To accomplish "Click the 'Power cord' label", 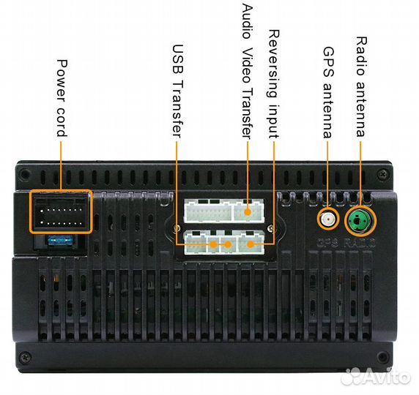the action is [x=62, y=98].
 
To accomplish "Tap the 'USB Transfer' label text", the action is [x=177, y=91].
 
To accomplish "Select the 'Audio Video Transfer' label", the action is [x=247, y=71].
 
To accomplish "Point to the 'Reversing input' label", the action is [x=274, y=84].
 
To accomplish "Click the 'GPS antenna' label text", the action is [x=328, y=93].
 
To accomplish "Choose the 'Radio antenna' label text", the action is [x=361, y=87].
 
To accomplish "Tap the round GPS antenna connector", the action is [x=328, y=219].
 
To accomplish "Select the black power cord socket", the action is [x=61, y=211].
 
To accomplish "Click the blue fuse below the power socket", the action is [x=60, y=241].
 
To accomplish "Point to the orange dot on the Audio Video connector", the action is [x=248, y=212].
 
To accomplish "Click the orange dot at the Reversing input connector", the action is [x=251, y=244].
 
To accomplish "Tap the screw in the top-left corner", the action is [x=25, y=174].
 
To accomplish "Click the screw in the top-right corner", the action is [x=383, y=174].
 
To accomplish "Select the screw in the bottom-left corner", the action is [x=26, y=356].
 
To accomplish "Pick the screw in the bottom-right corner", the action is [x=383, y=357].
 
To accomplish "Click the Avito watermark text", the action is [x=376, y=377].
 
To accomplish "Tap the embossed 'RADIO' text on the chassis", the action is [x=360, y=243].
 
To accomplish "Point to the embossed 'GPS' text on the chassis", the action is [x=327, y=243].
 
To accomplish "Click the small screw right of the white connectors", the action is [x=271, y=227].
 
